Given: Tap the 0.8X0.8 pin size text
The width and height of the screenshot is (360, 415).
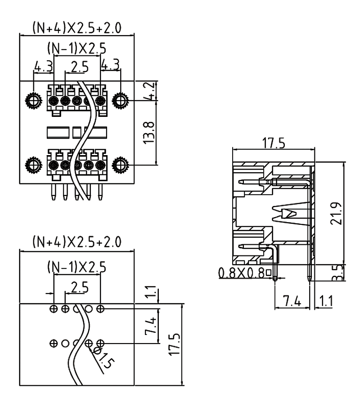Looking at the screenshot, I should point(241,272).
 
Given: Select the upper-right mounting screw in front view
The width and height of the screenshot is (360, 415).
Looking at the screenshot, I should point(121,99).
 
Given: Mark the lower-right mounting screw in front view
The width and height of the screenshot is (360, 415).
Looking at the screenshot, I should point(121,165).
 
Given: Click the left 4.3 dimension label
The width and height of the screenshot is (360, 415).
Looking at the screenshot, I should point(43,67).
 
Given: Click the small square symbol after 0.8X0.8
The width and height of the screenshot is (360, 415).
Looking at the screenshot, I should point(268,272).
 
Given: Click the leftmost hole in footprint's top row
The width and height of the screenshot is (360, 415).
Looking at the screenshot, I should point(54,308).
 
